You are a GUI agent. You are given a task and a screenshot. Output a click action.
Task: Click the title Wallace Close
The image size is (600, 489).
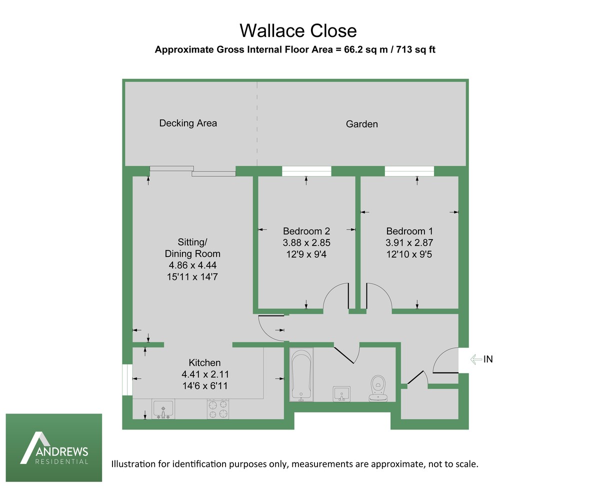(298, 30)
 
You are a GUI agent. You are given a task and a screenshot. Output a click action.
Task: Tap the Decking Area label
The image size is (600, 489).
(188, 123)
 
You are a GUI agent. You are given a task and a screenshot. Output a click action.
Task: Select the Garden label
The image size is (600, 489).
(362, 124)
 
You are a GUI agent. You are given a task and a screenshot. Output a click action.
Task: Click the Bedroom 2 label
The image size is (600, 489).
(306, 231)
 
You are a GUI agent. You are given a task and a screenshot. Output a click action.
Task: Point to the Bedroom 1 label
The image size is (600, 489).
(409, 231)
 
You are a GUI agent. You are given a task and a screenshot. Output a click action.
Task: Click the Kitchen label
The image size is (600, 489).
(204, 362)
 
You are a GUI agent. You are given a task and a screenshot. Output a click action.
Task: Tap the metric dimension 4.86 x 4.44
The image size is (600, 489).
(192, 265)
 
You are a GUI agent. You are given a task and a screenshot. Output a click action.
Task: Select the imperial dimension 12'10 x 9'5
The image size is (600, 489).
(409, 254)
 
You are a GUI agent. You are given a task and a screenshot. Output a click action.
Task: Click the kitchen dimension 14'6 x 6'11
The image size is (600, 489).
(205, 385)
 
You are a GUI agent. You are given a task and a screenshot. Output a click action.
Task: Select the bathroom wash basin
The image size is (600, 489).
(342, 393)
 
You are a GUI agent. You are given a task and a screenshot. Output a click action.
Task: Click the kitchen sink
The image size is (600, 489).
(163, 408)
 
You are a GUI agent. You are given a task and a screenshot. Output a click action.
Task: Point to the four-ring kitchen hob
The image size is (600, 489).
(217, 408)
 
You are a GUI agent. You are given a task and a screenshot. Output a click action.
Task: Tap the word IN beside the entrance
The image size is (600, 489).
(488, 359)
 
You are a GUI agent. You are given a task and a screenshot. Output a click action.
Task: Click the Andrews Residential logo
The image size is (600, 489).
(54, 447)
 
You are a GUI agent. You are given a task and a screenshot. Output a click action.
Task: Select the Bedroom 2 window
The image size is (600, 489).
(306, 171)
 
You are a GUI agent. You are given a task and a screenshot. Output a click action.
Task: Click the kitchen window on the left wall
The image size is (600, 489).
(127, 379)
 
